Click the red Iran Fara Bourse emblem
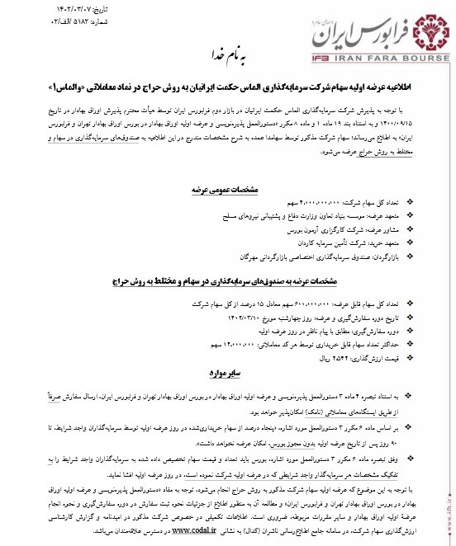420,28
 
